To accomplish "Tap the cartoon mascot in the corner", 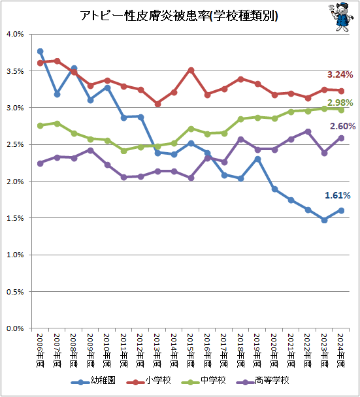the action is [341, 17].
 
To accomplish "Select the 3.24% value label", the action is [340, 74].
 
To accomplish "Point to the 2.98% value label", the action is [340, 103].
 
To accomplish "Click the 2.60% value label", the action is [342, 126].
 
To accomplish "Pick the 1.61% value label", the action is [337, 195].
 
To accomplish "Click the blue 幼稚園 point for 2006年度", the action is [41, 52].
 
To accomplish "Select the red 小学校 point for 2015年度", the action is [191, 70].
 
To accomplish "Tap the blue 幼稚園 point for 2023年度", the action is [324, 220].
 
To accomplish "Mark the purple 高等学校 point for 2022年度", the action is [308, 132].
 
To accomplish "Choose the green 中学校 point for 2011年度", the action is [124, 151].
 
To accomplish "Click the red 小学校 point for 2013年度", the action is [157, 104].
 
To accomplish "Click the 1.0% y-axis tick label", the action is [15, 255].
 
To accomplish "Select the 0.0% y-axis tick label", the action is [15, 328].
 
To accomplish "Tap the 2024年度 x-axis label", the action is [341, 351].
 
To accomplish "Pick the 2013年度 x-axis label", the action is [157, 351].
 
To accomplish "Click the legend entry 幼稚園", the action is [93, 381].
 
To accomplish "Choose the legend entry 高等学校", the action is [263, 381].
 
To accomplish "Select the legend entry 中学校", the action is [203, 381].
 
